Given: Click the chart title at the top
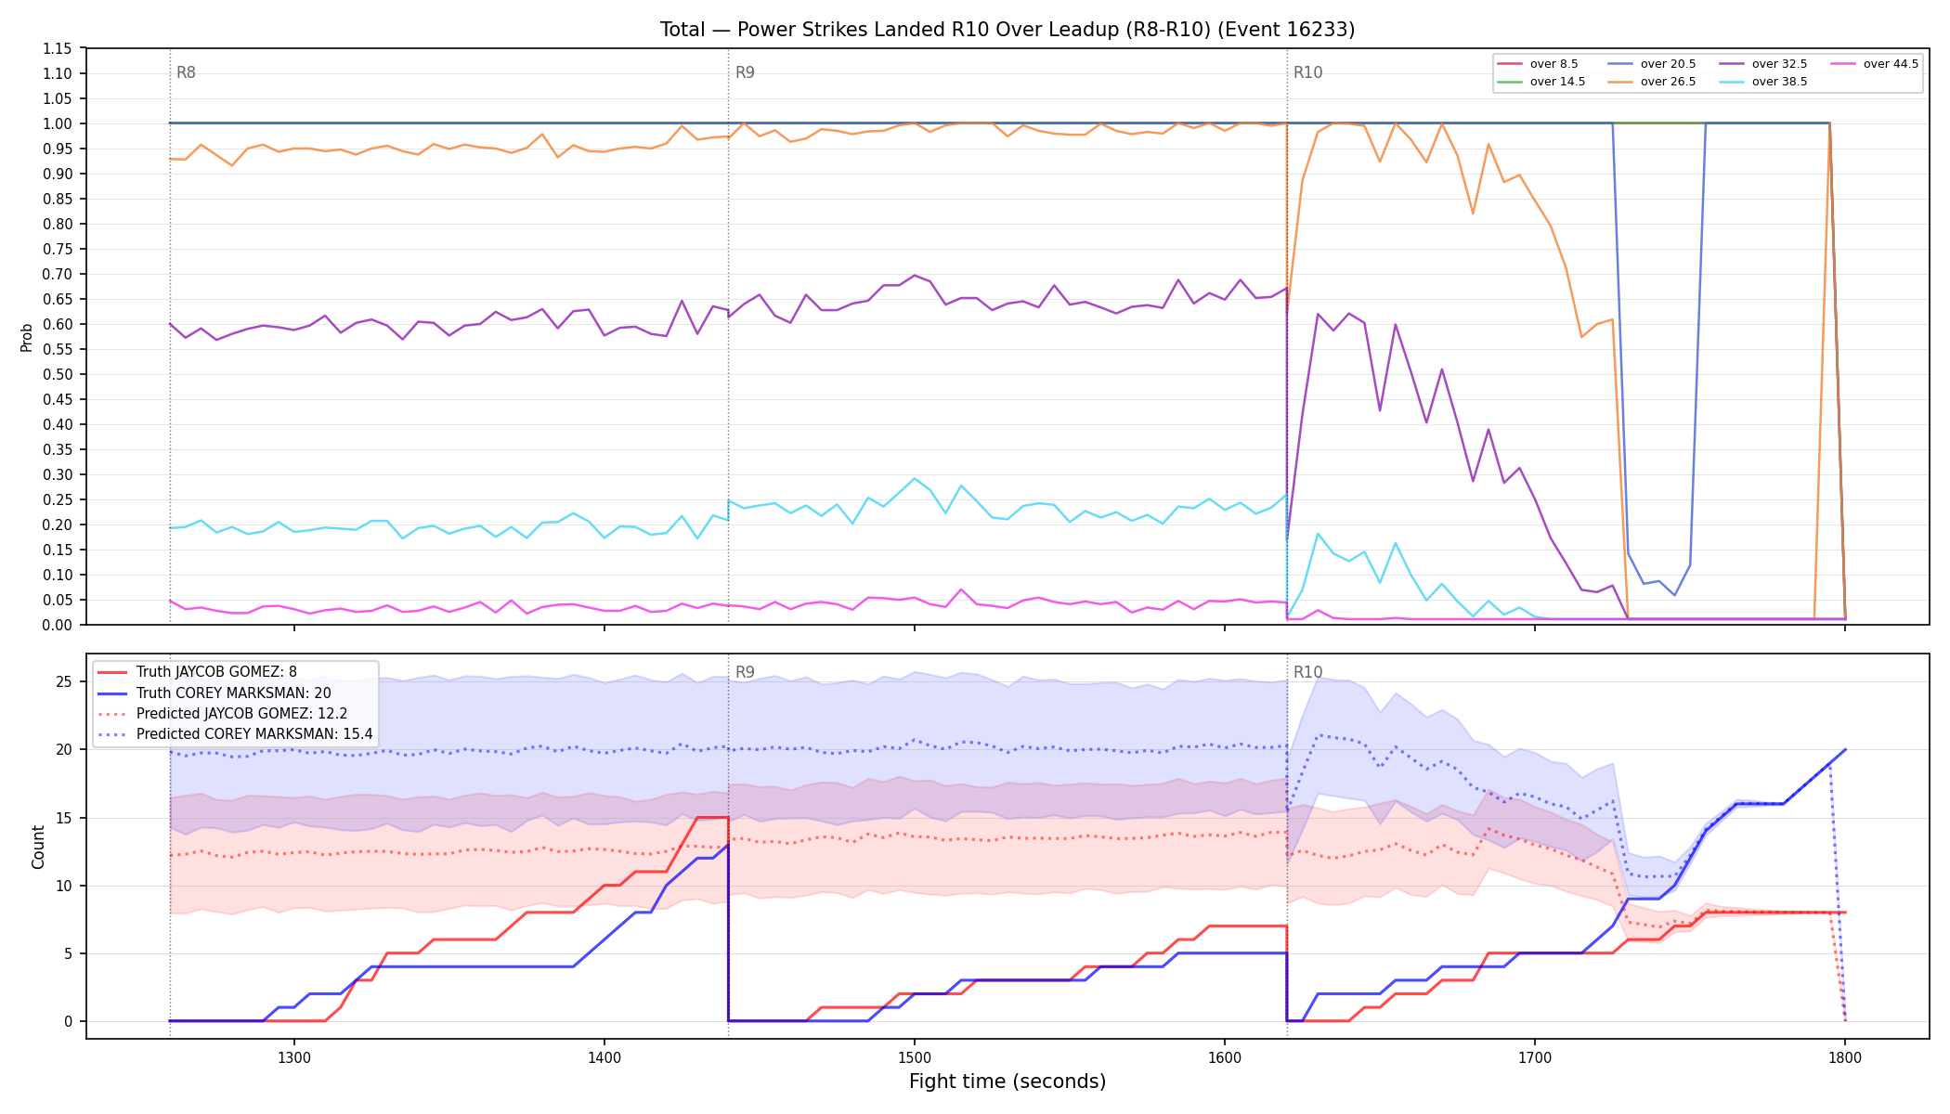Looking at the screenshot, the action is click(1007, 30).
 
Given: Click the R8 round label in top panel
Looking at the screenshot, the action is click(186, 72).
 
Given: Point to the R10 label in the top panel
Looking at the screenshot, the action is click(1307, 72).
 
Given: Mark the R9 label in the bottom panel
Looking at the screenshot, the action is click(745, 672).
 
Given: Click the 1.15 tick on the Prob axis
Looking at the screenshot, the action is click(58, 48).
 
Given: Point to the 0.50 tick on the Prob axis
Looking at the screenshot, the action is click(58, 374).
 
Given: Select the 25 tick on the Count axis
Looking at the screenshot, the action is click(64, 681).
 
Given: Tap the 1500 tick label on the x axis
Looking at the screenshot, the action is click(915, 1056).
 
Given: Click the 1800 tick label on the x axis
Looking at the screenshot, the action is click(1845, 1056).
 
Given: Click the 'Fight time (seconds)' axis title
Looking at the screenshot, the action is click(1007, 1082).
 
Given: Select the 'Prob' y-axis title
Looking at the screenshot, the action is click(27, 337).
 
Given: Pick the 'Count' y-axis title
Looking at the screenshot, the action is click(38, 847).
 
